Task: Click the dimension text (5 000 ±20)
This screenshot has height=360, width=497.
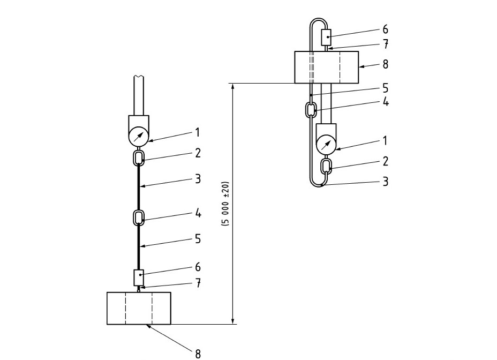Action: point(225,204)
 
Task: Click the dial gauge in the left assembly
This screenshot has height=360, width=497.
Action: point(139,137)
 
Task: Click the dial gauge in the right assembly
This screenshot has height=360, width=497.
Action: point(327,145)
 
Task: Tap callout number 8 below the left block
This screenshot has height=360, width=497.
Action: point(198,354)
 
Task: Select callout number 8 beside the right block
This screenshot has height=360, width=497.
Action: point(385,64)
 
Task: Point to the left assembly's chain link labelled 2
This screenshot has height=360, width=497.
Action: point(139,158)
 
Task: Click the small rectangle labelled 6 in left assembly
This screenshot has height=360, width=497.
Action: point(139,277)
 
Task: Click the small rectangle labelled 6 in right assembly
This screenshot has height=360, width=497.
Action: point(327,37)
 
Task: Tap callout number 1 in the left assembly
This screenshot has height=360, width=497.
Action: point(198,132)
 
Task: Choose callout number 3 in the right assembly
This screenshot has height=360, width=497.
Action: point(385,182)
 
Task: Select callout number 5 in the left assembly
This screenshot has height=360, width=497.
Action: point(198,238)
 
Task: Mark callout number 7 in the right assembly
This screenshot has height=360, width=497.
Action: point(386,44)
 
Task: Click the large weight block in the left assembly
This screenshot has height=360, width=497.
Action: point(139,308)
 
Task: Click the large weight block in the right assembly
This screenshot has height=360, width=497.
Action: point(327,67)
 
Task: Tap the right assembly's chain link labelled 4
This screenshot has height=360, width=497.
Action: point(311,110)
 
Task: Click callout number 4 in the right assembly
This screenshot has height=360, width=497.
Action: point(386,102)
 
